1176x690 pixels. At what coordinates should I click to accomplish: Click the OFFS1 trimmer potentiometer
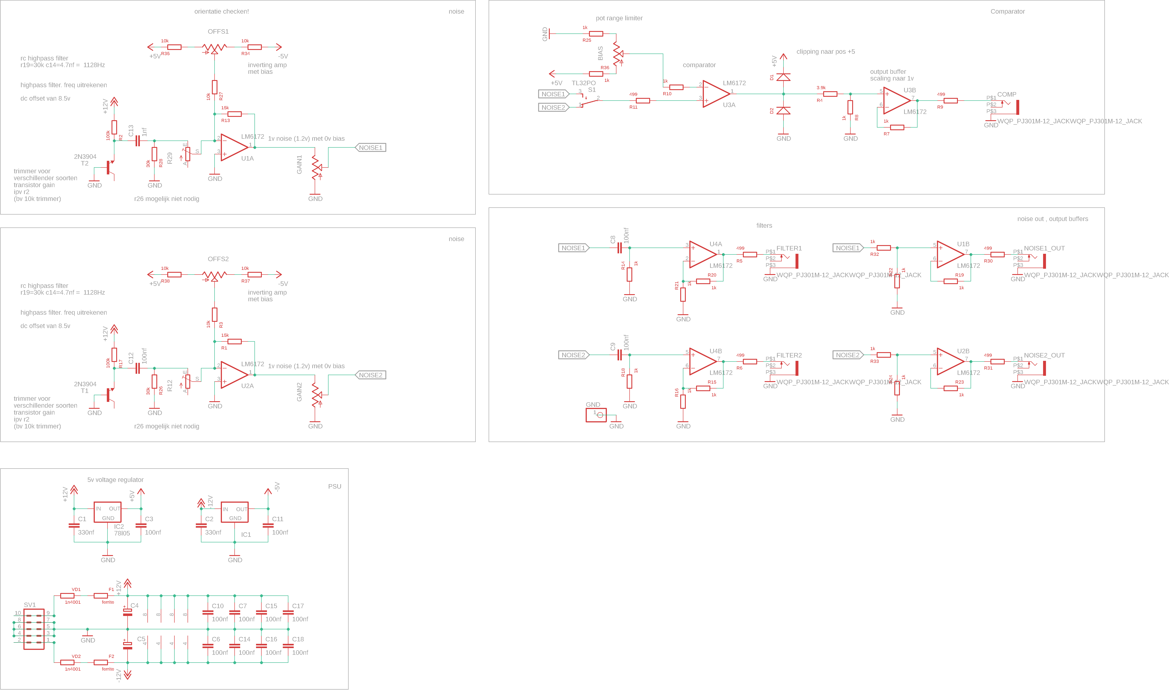(214, 48)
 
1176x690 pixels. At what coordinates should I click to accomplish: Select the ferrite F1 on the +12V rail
(101, 596)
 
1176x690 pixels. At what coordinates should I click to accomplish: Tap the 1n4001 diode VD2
(67, 663)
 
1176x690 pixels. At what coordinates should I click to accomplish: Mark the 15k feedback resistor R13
(234, 114)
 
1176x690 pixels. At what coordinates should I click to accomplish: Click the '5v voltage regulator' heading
(115, 480)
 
